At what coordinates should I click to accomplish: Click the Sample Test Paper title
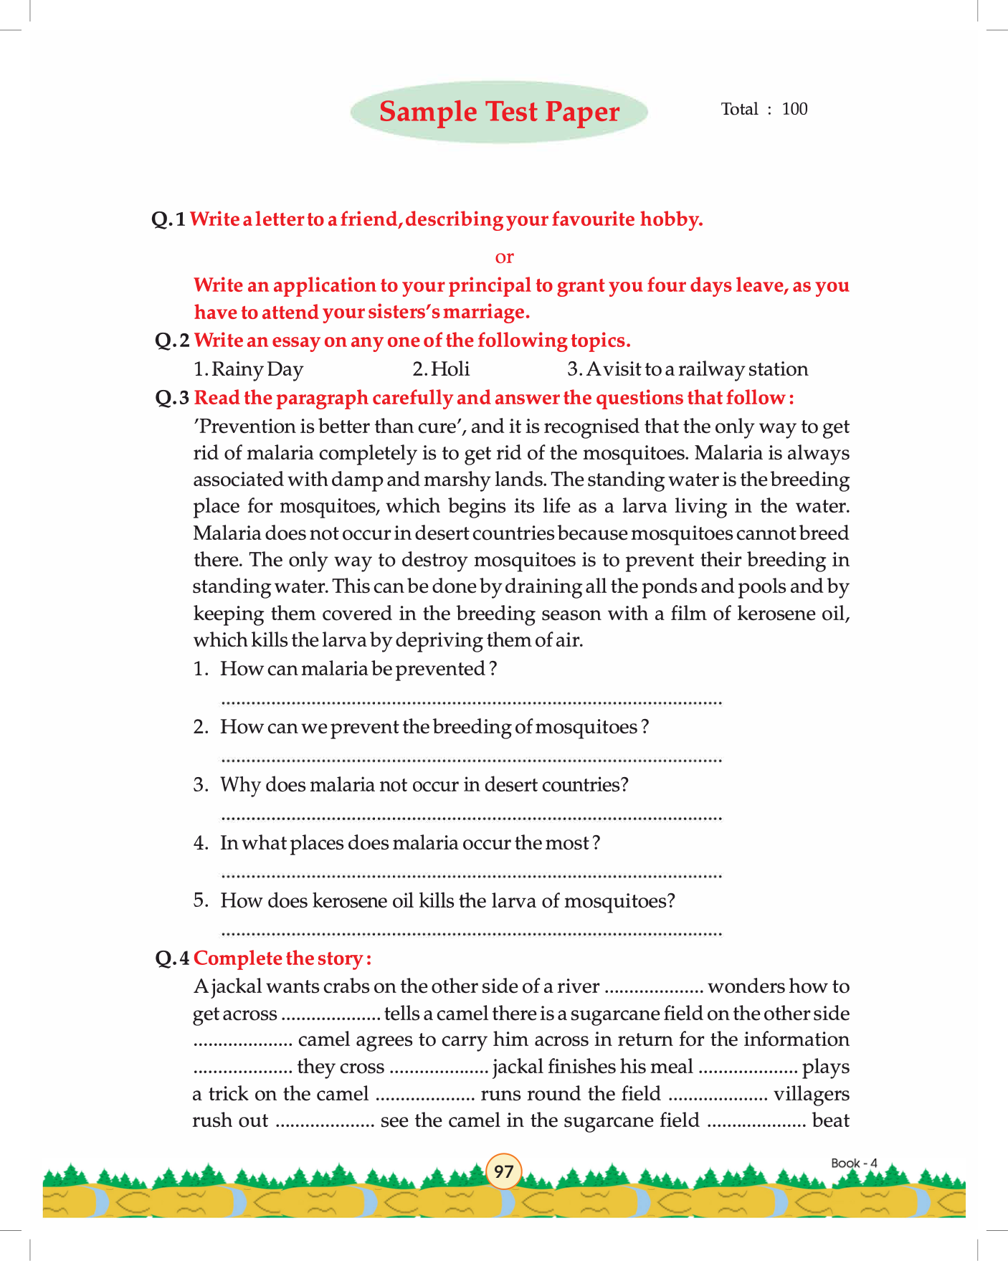(x=499, y=112)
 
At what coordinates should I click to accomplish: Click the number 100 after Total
(x=794, y=109)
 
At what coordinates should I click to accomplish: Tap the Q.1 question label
(x=168, y=219)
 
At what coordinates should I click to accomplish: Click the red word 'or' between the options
(x=504, y=257)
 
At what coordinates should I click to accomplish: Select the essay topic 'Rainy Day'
(x=249, y=369)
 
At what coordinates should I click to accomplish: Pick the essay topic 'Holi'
(x=442, y=369)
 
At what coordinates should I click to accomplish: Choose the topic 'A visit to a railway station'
(x=688, y=369)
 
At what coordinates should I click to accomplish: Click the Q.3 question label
(x=172, y=398)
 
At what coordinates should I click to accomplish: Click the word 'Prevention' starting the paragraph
(x=245, y=427)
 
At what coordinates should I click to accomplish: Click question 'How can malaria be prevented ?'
(x=358, y=669)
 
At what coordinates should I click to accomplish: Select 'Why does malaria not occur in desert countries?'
(x=424, y=785)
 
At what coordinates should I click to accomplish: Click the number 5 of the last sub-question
(x=199, y=900)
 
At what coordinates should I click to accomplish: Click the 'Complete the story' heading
(x=282, y=958)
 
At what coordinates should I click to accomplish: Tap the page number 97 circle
(x=504, y=1171)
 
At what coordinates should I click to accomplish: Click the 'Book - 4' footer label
(x=854, y=1163)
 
